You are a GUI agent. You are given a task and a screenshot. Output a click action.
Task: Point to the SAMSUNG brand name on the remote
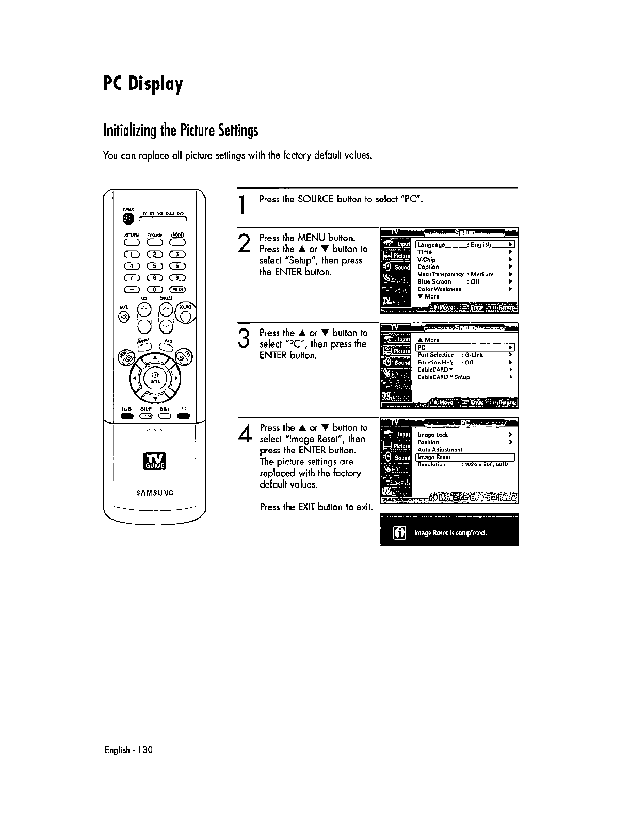point(155,493)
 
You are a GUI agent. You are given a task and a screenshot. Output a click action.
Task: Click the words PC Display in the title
point(142,83)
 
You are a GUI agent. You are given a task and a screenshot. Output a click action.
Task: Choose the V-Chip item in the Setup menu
point(427,260)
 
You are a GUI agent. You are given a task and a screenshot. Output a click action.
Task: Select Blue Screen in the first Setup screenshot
point(434,282)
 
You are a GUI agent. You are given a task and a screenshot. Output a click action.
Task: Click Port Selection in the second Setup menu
point(436,355)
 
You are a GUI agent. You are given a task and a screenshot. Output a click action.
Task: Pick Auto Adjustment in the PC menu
point(440,450)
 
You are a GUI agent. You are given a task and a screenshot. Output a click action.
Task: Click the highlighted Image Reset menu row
point(465,457)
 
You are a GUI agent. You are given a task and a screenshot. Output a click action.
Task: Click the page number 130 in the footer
point(144,749)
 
